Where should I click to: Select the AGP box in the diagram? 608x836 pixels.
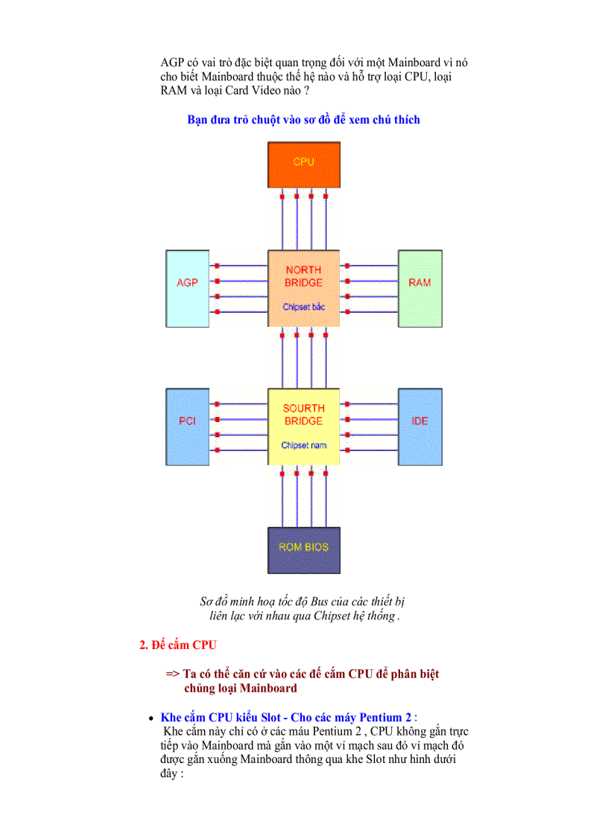[187, 287]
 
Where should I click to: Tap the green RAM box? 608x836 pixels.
[419, 287]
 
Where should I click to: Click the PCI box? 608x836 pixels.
[187, 426]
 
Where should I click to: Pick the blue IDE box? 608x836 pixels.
[419, 426]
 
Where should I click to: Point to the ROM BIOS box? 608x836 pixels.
[303, 549]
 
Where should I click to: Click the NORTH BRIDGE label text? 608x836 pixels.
[303, 276]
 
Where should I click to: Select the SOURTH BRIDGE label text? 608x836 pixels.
[303, 415]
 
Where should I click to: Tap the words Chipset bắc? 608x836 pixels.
[303, 307]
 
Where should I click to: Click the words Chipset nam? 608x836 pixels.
[303, 445]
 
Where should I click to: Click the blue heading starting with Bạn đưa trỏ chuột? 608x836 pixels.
[303, 119]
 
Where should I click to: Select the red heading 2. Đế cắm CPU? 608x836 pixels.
[178, 645]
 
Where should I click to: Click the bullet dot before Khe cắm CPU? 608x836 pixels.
[151, 718]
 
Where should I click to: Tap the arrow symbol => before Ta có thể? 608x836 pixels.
[173, 674]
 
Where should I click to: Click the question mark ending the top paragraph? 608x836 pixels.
[306, 90]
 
